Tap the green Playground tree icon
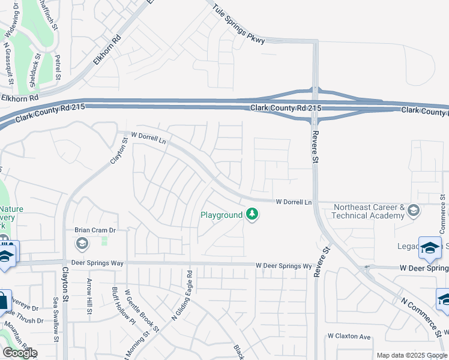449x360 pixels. click(x=252, y=214)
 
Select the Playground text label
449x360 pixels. click(x=221, y=215)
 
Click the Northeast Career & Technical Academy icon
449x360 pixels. click(x=413, y=211)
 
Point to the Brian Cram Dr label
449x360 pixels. click(x=94, y=230)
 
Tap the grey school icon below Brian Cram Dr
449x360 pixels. click(x=82, y=243)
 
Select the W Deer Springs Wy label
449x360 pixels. click(x=283, y=265)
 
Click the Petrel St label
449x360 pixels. click(x=58, y=67)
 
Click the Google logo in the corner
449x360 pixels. click(x=20, y=353)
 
